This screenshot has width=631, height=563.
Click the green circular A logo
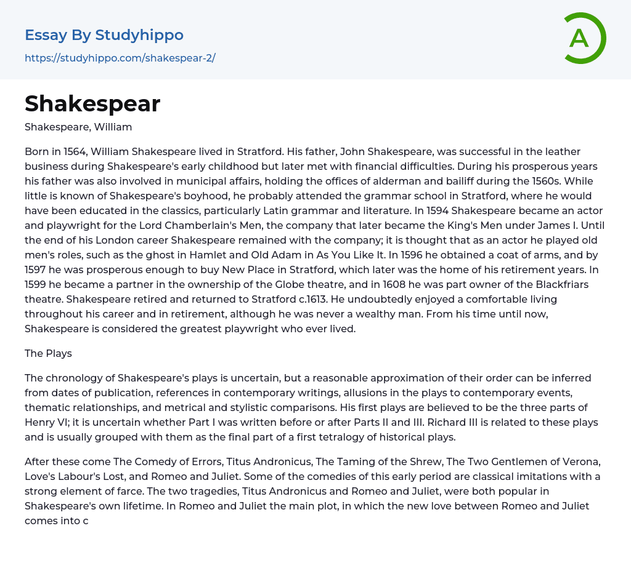click(x=584, y=38)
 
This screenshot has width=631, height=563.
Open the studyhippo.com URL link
click(x=120, y=58)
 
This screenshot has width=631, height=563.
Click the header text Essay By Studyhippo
click(x=104, y=35)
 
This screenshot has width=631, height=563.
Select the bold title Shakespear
click(x=92, y=104)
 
